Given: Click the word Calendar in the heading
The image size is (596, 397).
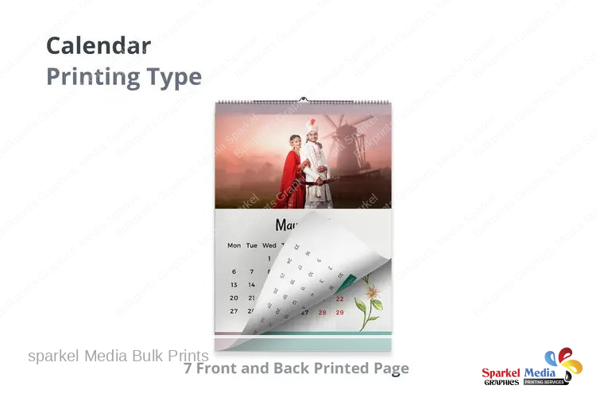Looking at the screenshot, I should click(x=98, y=45).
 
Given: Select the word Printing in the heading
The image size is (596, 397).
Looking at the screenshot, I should click(x=85, y=77).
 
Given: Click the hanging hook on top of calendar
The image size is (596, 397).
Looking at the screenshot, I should click(x=303, y=99).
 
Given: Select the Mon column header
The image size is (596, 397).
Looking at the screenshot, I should click(x=234, y=245).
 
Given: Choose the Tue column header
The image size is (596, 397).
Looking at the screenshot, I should click(x=251, y=245).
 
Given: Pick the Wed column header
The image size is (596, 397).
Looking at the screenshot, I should click(x=269, y=245).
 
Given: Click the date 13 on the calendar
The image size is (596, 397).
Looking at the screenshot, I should click(x=234, y=284).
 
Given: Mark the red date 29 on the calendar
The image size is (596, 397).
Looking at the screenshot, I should click(x=339, y=312).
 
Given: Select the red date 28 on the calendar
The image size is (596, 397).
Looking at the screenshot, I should click(x=322, y=312).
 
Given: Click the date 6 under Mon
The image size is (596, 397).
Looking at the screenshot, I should click(x=234, y=272).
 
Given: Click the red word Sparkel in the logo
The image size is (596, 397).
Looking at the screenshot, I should click(x=501, y=372).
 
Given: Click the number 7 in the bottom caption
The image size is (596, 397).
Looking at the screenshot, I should click(x=188, y=368).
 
